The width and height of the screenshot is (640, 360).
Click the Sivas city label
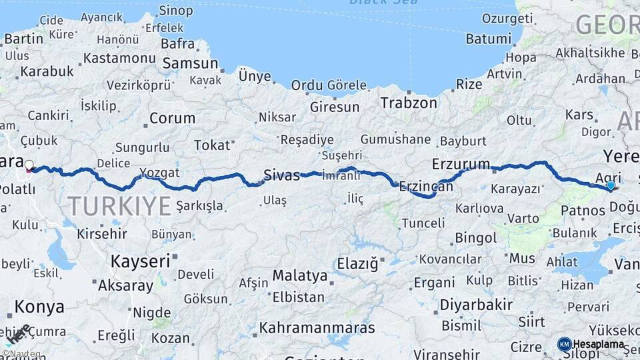(x=281, y=175)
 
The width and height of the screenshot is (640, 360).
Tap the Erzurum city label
(x=461, y=163)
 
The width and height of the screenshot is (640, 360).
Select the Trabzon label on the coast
(x=409, y=103)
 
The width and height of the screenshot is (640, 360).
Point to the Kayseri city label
(x=140, y=261)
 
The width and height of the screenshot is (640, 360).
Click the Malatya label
(x=300, y=275)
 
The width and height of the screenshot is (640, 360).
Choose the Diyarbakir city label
(x=476, y=305)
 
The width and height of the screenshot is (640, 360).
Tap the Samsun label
(x=191, y=63)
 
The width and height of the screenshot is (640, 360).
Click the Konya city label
(x=39, y=307)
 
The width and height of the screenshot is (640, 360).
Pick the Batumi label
(x=488, y=39)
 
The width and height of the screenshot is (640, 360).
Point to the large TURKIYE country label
(x=119, y=206)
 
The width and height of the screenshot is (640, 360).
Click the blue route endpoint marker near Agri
(x=611, y=185)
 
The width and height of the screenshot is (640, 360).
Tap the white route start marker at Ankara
(x=29, y=164)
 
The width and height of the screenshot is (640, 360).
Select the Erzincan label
(x=426, y=187)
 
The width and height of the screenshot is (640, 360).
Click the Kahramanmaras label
(x=317, y=328)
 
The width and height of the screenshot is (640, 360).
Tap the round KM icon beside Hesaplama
(x=565, y=344)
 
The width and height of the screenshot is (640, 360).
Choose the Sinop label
(x=177, y=10)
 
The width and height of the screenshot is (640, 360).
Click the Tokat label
(x=211, y=145)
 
